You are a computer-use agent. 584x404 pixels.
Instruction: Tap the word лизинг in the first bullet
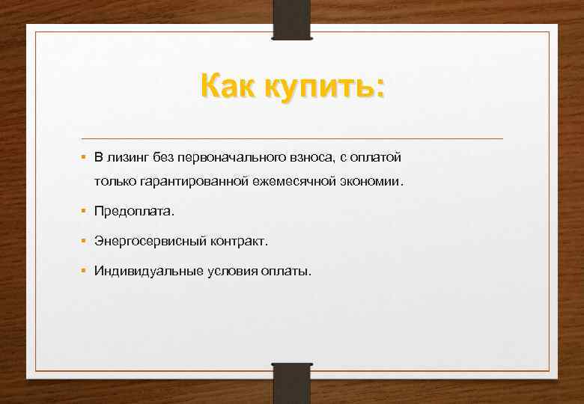coord(129,157)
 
